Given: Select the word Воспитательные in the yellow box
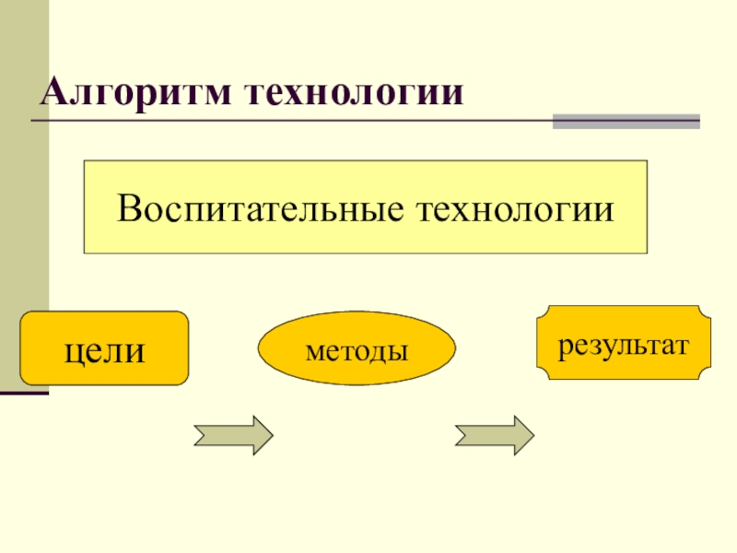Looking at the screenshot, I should tap(262, 207).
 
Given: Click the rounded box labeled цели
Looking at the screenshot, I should tap(104, 347).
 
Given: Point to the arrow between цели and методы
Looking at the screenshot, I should tap(233, 433).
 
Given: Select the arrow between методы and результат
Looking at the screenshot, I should tap(494, 433).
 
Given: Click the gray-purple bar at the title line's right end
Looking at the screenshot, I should tap(626, 121).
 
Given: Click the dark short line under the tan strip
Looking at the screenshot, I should tap(24, 394).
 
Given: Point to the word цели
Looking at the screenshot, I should tap(104, 350).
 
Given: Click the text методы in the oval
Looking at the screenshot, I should tap(357, 351).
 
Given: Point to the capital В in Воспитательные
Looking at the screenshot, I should tap(127, 207).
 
